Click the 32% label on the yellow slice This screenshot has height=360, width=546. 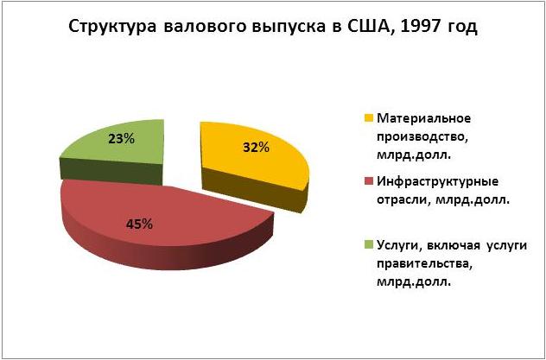point(256,148)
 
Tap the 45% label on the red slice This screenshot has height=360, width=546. point(139,224)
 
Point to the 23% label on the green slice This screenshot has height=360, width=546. point(121,139)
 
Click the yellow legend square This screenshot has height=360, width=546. point(370,118)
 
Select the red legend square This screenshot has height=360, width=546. point(370,181)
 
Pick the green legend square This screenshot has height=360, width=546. point(370,245)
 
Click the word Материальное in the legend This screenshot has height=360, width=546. point(424,118)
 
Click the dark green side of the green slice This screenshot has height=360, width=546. point(111,170)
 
